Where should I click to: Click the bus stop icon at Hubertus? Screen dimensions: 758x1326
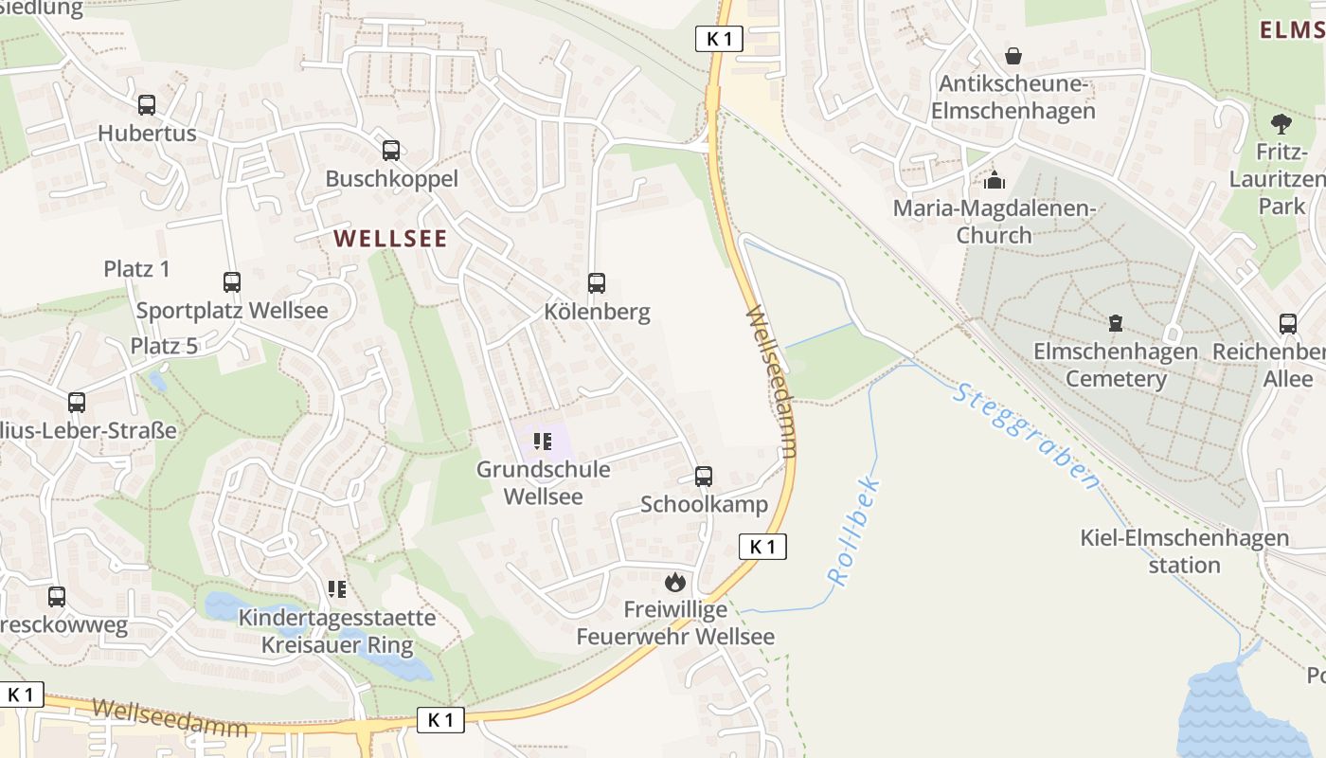147,105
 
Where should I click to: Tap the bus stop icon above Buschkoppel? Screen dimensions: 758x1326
391,151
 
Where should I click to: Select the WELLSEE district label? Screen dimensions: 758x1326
390,239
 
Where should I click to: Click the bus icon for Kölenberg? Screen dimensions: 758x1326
597,283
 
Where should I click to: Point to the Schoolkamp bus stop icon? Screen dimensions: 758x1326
704,477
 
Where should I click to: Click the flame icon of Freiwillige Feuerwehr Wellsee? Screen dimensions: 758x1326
674,582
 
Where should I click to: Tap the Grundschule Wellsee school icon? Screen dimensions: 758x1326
543,441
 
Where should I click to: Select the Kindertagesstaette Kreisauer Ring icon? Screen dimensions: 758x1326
336,590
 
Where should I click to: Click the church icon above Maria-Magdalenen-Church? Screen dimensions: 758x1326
994,180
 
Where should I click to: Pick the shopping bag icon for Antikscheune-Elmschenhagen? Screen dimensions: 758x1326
1013,56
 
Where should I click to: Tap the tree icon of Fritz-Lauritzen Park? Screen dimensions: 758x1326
1281,123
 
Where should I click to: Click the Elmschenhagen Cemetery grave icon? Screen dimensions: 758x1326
1116,324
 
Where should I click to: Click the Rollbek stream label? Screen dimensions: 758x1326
854,532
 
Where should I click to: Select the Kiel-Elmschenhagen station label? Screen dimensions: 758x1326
1184,551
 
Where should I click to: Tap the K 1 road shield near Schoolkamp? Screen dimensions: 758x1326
762,547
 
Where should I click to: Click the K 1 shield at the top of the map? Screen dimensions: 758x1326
719,39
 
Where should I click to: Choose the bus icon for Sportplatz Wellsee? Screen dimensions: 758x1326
232,282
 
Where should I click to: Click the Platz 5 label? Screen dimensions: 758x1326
164,346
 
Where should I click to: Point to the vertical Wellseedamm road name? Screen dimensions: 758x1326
771,381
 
